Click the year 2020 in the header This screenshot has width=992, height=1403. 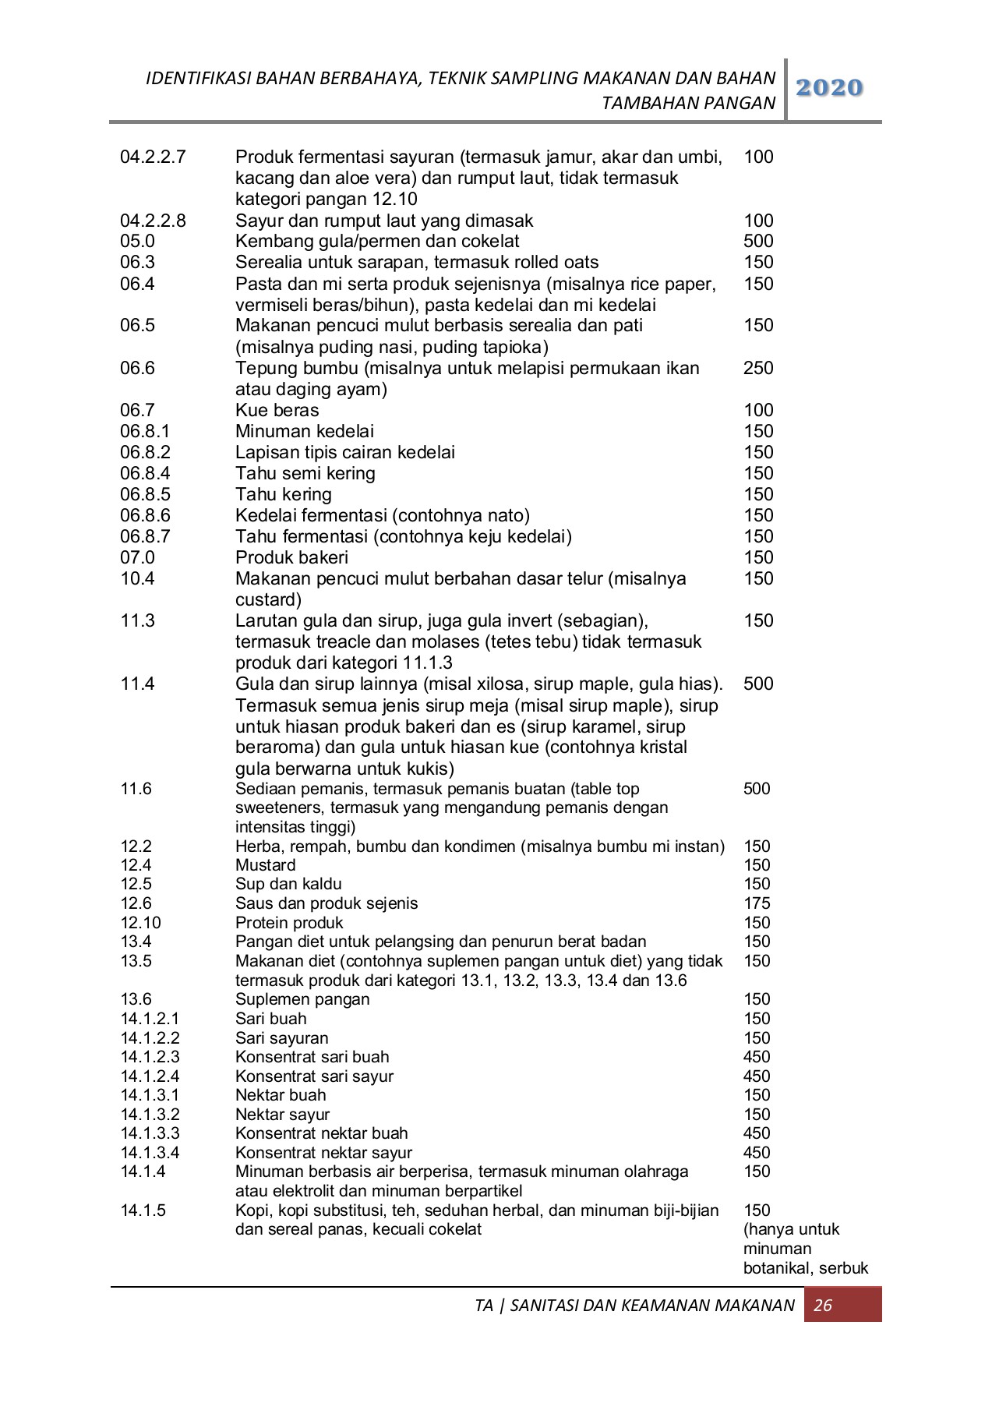pyautogui.click(x=830, y=88)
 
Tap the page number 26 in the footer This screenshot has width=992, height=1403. pyautogui.click(x=823, y=1306)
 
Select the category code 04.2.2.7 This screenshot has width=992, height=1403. pyautogui.click(x=153, y=157)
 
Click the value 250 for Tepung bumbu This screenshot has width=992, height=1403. pyautogui.click(x=758, y=368)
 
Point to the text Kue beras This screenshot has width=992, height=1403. pyautogui.click(x=277, y=410)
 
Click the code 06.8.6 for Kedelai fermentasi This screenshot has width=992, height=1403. pyautogui.click(x=145, y=515)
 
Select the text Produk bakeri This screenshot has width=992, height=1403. pyautogui.click(x=291, y=557)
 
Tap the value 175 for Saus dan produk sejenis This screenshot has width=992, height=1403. pyautogui.click(x=757, y=903)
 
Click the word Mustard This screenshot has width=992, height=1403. pyautogui.click(x=266, y=865)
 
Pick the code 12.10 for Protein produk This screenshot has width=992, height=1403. pyautogui.click(x=141, y=923)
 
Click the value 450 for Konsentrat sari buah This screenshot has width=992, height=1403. pyautogui.click(x=757, y=1057)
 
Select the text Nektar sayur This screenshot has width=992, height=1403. pyautogui.click(x=282, y=1115)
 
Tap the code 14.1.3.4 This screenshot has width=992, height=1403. pyautogui.click(x=150, y=1153)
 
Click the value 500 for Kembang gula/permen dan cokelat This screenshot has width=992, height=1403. pyautogui.click(x=758, y=241)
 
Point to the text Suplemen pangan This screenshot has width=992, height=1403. pyautogui.click(x=302, y=999)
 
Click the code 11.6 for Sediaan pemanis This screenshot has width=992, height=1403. pyautogui.click(x=136, y=789)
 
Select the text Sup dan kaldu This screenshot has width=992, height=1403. pyautogui.click(x=288, y=884)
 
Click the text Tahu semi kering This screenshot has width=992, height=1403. pyautogui.click(x=305, y=473)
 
